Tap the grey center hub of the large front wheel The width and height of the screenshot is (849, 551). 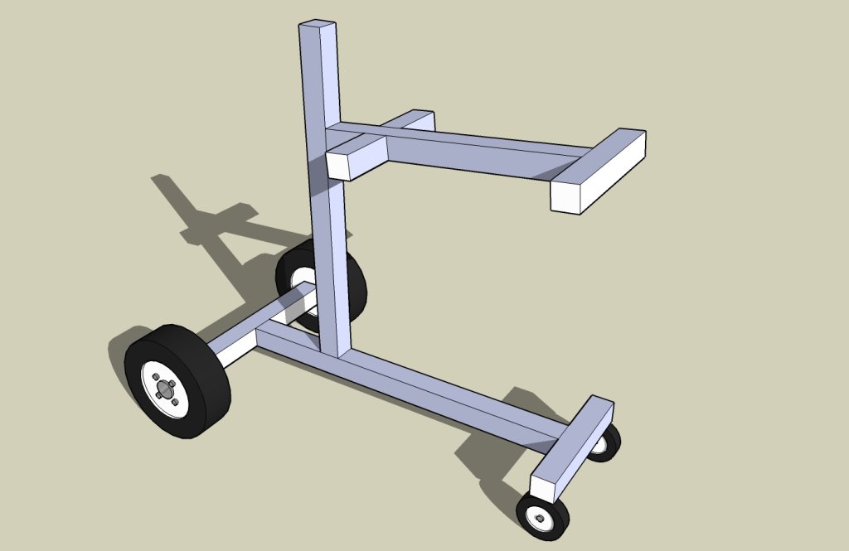tap(165, 389)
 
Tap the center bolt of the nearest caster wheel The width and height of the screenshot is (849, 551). tap(540, 517)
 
